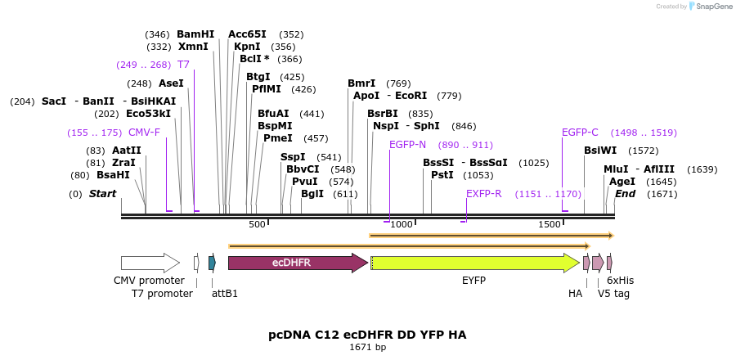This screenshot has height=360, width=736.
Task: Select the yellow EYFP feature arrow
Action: pyautogui.click(x=474, y=263)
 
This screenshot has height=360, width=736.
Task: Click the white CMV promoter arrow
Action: pyautogui.click(x=150, y=263)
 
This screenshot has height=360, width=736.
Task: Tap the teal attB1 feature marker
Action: pyautogui.click(x=212, y=263)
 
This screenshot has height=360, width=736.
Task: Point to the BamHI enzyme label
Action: pyautogui.click(x=195, y=34)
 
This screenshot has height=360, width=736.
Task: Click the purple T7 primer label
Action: pyautogui.click(x=183, y=65)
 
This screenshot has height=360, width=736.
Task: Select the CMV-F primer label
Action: pyautogui.click(x=144, y=133)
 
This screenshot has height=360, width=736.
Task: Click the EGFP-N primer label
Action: pyautogui.click(x=407, y=145)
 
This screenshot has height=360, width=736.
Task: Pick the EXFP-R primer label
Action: pyautogui.click(x=483, y=194)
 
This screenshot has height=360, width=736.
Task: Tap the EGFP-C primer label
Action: pyautogui.click(x=580, y=133)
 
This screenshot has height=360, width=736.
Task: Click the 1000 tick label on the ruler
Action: pyautogui.click(x=401, y=224)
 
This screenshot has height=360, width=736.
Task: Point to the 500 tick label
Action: pyautogui.click(x=257, y=224)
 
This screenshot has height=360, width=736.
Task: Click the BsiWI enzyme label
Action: pyautogui.click(x=600, y=151)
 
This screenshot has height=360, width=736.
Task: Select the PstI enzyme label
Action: pyautogui.click(x=442, y=175)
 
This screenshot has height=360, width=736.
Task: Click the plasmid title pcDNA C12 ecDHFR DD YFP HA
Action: pyautogui.click(x=367, y=335)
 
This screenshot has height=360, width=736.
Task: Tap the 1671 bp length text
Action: pyautogui.click(x=367, y=348)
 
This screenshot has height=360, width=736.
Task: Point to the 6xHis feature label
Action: pyautogui.click(x=620, y=280)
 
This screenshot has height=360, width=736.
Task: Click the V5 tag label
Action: pyautogui.click(x=613, y=293)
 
